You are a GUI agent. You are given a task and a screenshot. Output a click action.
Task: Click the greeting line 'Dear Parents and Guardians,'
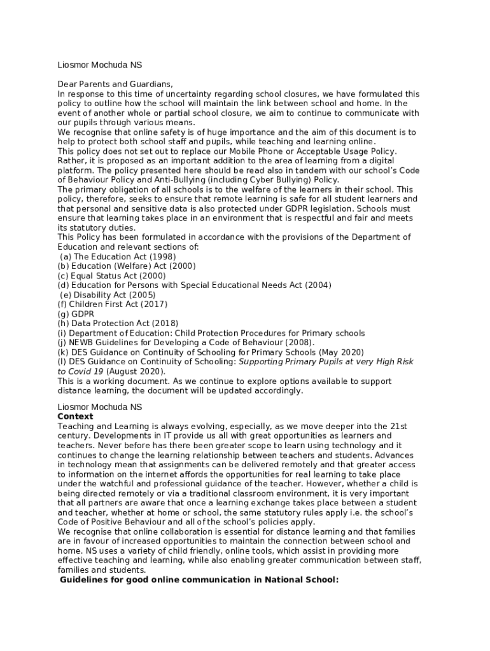115,84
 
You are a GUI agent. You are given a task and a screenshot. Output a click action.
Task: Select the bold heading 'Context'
75,416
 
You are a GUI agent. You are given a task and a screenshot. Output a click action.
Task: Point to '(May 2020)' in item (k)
342,352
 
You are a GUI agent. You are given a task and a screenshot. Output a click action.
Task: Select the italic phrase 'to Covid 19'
80,371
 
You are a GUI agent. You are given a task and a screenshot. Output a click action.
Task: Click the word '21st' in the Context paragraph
399,426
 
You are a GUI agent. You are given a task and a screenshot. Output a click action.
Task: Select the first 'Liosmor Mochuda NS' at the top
100,65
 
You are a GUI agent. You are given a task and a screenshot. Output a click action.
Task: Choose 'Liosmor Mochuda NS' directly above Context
100,407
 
